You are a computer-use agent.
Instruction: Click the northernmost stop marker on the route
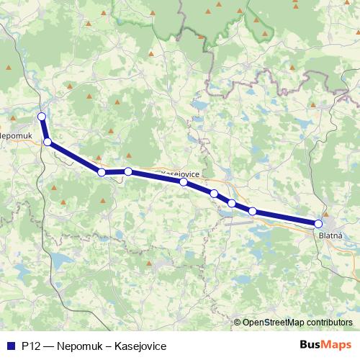[x=42, y=117]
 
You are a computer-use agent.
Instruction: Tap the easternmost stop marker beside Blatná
[x=318, y=224]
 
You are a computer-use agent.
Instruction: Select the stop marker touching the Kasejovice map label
[x=184, y=182]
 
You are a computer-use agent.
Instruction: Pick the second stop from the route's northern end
[x=48, y=143]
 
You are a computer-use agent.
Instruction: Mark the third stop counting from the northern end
[x=102, y=172]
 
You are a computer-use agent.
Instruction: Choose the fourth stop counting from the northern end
[x=128, y=171]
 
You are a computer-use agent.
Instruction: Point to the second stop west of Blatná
[x=232, y=204]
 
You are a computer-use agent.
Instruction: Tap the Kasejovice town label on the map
[x=181, y=174]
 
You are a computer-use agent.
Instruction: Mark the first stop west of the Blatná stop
[x=253, y=211]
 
